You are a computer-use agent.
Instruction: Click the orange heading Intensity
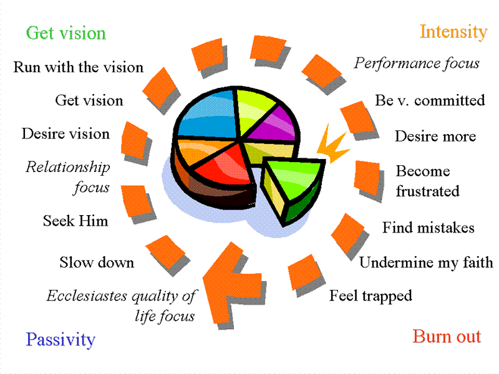pyautogui.click(x=453, y=32)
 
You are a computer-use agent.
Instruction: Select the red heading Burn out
pyautogui.click(x=447, y=337)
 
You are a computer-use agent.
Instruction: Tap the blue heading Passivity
pyautogui.click(x=61, y=340)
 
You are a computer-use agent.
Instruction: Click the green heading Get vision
pyautogui.click(x=65, y=33)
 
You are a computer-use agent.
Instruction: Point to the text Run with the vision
pyautogui.click(x=79, y=67)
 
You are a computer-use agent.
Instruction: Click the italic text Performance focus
pyautogui.click(x=417, y=64)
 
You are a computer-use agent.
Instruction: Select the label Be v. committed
pyautogui.click(x=430, y=100)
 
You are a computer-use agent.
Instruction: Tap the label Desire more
pyautogui.click(x=435, y=137)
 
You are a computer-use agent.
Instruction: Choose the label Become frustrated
pyautogui.click(x=427, y=181)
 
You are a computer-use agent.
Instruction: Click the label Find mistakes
pyautogui.click(x=429, y=228)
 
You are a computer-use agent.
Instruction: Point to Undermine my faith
pyautogui.click(x=426, y=262)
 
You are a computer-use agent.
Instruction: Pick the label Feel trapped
pyautogui.click(x=371, y=295)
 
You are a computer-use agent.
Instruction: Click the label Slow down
pyautogui.click(x=97, y=262)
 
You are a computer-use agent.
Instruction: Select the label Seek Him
pyautogui.click(x=75, y=221)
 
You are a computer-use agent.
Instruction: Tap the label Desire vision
pyautogui.click(x=65, y=134)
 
